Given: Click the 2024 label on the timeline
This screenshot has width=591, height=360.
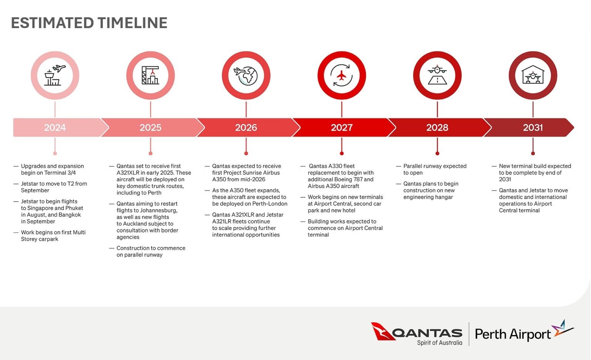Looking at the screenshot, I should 55,128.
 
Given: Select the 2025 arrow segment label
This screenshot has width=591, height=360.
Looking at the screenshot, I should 150,128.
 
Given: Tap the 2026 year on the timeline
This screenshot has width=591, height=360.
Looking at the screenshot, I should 246,128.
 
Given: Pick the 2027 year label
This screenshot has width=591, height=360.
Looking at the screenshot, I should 342,128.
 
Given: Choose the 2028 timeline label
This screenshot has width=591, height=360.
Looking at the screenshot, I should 437,128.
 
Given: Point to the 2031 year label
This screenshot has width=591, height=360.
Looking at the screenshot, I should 533,128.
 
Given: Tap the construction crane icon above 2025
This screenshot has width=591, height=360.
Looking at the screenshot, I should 150,75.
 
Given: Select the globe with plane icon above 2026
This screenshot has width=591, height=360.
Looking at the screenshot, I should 246,75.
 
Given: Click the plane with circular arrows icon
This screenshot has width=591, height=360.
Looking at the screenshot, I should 342,75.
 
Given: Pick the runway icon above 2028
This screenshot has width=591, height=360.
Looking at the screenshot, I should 437,75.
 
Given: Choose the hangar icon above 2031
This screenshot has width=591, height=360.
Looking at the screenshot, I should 533,75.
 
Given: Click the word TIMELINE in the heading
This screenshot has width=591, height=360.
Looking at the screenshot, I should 132,23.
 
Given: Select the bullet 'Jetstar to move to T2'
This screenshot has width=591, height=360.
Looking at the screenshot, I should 54,187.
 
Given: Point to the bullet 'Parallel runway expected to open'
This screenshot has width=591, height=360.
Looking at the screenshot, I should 435,169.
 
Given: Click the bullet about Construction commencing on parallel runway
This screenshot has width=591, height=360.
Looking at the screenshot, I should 151,252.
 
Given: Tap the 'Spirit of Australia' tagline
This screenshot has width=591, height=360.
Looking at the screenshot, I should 439,343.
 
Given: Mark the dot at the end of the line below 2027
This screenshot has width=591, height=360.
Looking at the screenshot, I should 342,153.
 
